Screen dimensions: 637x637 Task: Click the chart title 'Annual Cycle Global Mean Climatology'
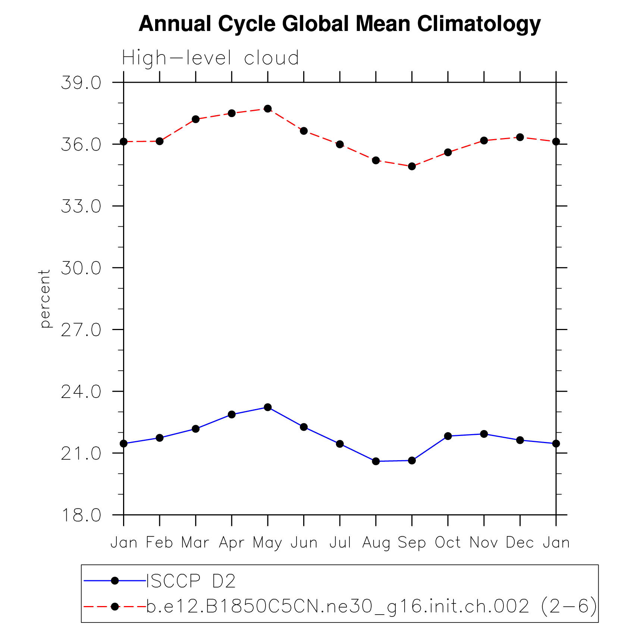(x=339, y=24)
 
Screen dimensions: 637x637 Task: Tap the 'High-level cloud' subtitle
(x=210, y=58)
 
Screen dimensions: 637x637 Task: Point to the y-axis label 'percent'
(x=45, y=298)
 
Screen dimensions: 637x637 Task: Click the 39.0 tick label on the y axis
(x=81, y=83)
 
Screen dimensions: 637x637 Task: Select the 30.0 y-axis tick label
(x=81, y=268)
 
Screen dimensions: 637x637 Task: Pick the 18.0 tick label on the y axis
(x=81, y=515)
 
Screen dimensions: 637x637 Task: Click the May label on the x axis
(x=267, y=543)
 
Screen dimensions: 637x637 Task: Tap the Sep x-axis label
(x=412, y=543)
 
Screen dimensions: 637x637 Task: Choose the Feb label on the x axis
(x=159, y=543)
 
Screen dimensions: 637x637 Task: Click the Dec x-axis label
(x=520, y=543)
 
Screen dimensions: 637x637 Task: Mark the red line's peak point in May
(x=268, y=109)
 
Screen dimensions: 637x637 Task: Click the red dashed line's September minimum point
(x=412, y=166)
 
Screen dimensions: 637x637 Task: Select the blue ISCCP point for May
(x=268, y=407)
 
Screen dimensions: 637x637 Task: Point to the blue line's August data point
(x=376, y=461)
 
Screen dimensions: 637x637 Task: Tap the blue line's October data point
(x=448, y=436)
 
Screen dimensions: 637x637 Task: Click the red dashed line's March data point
(x=195, y=119)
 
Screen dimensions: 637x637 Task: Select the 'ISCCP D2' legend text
(x=191, y=581)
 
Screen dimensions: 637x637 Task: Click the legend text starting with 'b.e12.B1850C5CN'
(x=371, y=607)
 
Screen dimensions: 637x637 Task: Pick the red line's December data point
(x=520, y=137)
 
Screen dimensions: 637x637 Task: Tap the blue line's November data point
(x=484, y=434)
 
